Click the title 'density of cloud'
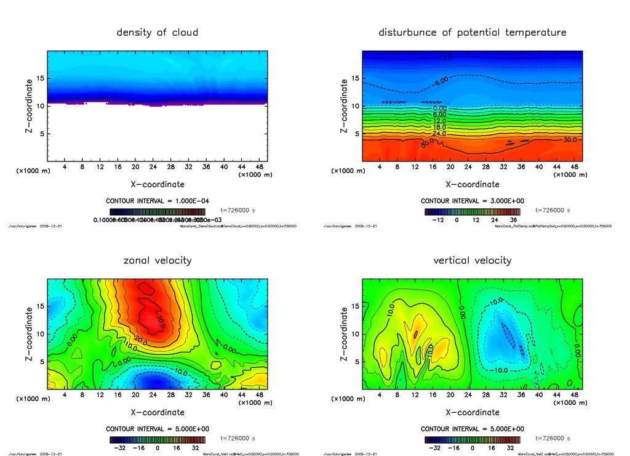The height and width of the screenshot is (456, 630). tap(157, 32)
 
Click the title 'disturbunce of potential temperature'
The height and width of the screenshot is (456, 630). tap(472, 32)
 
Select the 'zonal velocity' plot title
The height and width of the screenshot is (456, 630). tap(157, 260)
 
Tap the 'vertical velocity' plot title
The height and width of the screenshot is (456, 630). tap(472, 260)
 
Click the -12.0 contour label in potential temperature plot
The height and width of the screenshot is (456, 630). tap(445, 58)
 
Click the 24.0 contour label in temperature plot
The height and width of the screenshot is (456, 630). tap(439, 134)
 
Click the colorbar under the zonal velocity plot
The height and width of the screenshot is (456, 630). tap(157, 440)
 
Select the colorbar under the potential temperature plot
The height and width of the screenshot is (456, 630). tap(472, 211)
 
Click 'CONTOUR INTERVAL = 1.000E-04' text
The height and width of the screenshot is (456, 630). tap(157, 202)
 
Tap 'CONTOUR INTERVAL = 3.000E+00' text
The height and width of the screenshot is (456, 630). tap(472, 202)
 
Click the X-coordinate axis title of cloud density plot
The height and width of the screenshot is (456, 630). tap(157, 184)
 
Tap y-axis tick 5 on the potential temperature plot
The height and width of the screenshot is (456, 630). tap(356, 134)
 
